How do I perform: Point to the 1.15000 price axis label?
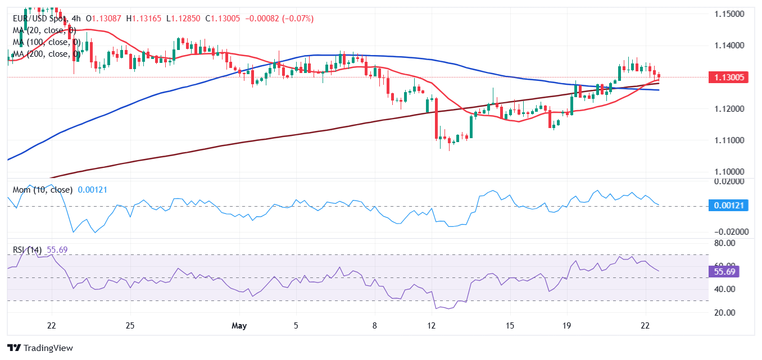pyautogui.click(x=730, y=13)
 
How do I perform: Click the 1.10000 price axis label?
pyautogui.click(x=730, y=172)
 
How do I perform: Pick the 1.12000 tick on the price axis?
pyautogui.click(x=730, y=108)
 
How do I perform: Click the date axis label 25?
pyautogui.click(x=130, y=326)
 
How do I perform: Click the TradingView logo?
pyautogui.click(x=40, y=348)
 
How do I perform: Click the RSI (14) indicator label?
pyautogui.click(x=27, y=250)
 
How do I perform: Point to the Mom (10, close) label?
pyautogui.click(x=43, y=190)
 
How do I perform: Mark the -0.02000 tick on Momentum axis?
pyautogui.click(x=728, y=231)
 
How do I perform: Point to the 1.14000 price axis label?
pyautogui.click(x=730, y=45)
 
